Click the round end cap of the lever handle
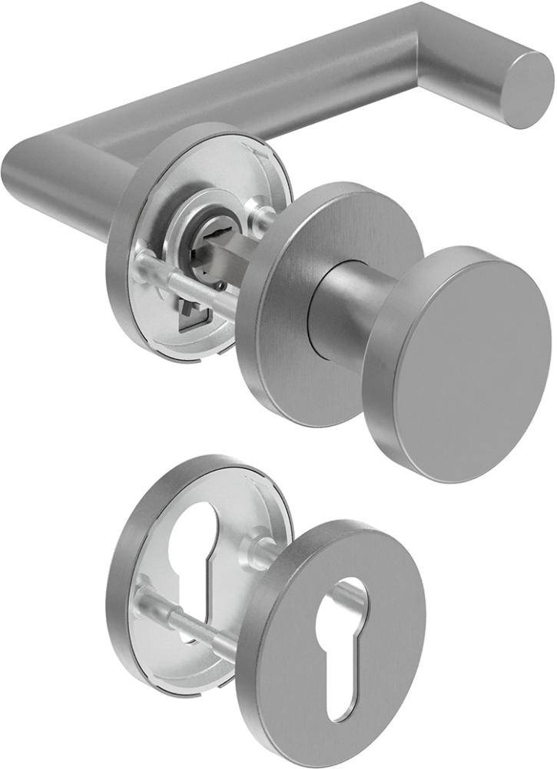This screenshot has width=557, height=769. click(x=530, y=90)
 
